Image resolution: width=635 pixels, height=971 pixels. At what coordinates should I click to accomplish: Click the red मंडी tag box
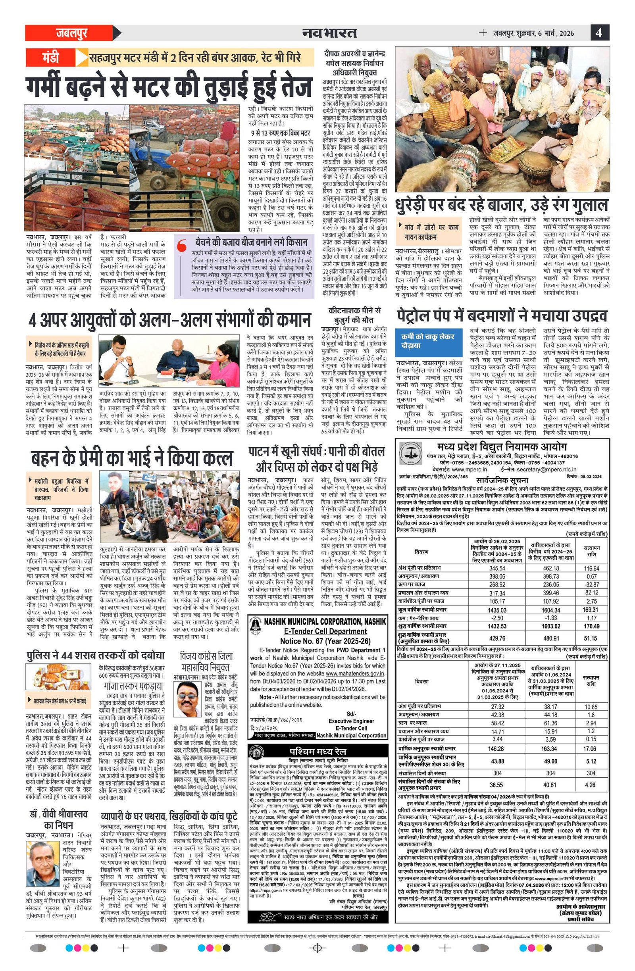pos(50,57)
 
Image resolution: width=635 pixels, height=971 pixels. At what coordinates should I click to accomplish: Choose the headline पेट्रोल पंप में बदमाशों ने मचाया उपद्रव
pos(502,316)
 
